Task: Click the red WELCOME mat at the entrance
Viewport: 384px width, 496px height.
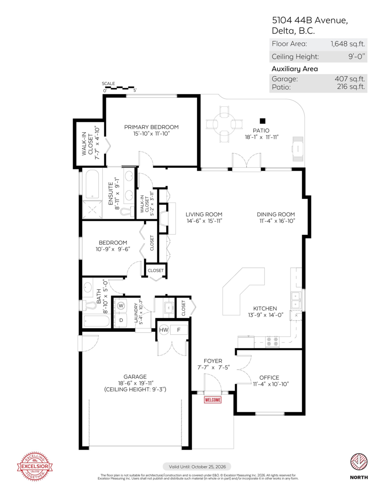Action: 213,400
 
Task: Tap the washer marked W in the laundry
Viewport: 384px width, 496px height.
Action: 121,306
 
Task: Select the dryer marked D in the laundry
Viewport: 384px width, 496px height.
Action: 121,320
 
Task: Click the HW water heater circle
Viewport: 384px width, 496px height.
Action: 163,330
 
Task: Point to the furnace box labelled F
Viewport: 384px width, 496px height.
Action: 179,330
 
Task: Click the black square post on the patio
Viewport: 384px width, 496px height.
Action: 262,121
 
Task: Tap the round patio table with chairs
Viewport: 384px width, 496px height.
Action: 224,123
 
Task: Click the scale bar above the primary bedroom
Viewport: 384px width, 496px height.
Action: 119,88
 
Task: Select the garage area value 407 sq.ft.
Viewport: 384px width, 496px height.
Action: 349,79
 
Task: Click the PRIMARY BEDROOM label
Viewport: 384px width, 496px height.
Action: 151,127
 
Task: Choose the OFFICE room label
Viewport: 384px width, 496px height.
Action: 269,377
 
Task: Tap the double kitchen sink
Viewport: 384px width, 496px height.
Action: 296,300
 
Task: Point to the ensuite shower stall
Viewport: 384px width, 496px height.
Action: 92,210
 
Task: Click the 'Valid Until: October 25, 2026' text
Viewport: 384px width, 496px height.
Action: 197,467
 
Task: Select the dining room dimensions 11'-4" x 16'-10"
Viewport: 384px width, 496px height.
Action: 275,221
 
